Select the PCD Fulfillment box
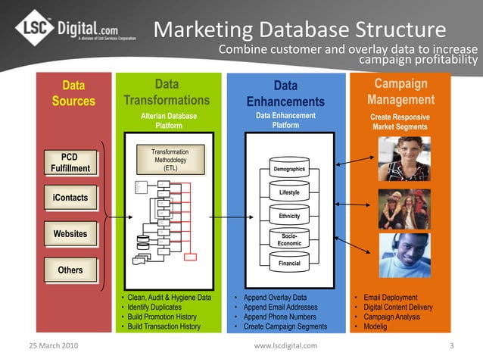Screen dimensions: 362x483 pyautogui.click(x=70, y=162)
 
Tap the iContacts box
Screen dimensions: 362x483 pyautogui.click(x=70, y=198)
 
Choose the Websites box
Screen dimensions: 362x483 pyautogui.click(x=70, y=234)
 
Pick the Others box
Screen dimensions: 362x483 pyautogui.click(x=70, y=270)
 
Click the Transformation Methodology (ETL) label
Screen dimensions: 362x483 pyautogui.click(x=170, y=161)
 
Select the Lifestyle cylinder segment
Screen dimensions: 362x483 pyautogui.click(x=289, y=193)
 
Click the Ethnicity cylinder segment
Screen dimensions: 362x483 pyautogui.click(x=289, y=217)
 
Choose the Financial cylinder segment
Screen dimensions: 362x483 pyautogui.click(x=289, y=264)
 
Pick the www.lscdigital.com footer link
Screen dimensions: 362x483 pyautogui.click(x=285, y=346)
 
